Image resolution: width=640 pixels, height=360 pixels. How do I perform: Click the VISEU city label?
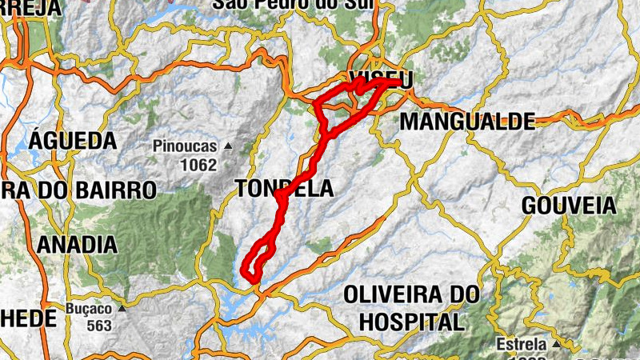381,78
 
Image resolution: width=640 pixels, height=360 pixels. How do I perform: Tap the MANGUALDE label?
466,122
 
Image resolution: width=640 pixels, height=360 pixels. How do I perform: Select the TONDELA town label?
283,189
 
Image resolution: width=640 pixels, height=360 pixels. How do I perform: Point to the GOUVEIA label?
569,206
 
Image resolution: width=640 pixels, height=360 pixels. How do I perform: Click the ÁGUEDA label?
73,142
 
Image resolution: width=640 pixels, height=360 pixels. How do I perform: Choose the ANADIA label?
77,244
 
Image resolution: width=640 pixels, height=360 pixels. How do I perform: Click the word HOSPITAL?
412,322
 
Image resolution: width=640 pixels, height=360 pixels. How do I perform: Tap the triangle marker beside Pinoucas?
228,146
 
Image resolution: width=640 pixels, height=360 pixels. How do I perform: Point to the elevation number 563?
99,326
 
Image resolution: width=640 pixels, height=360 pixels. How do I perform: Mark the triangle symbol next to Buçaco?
122,308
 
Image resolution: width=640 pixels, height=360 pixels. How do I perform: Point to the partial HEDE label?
29,318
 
